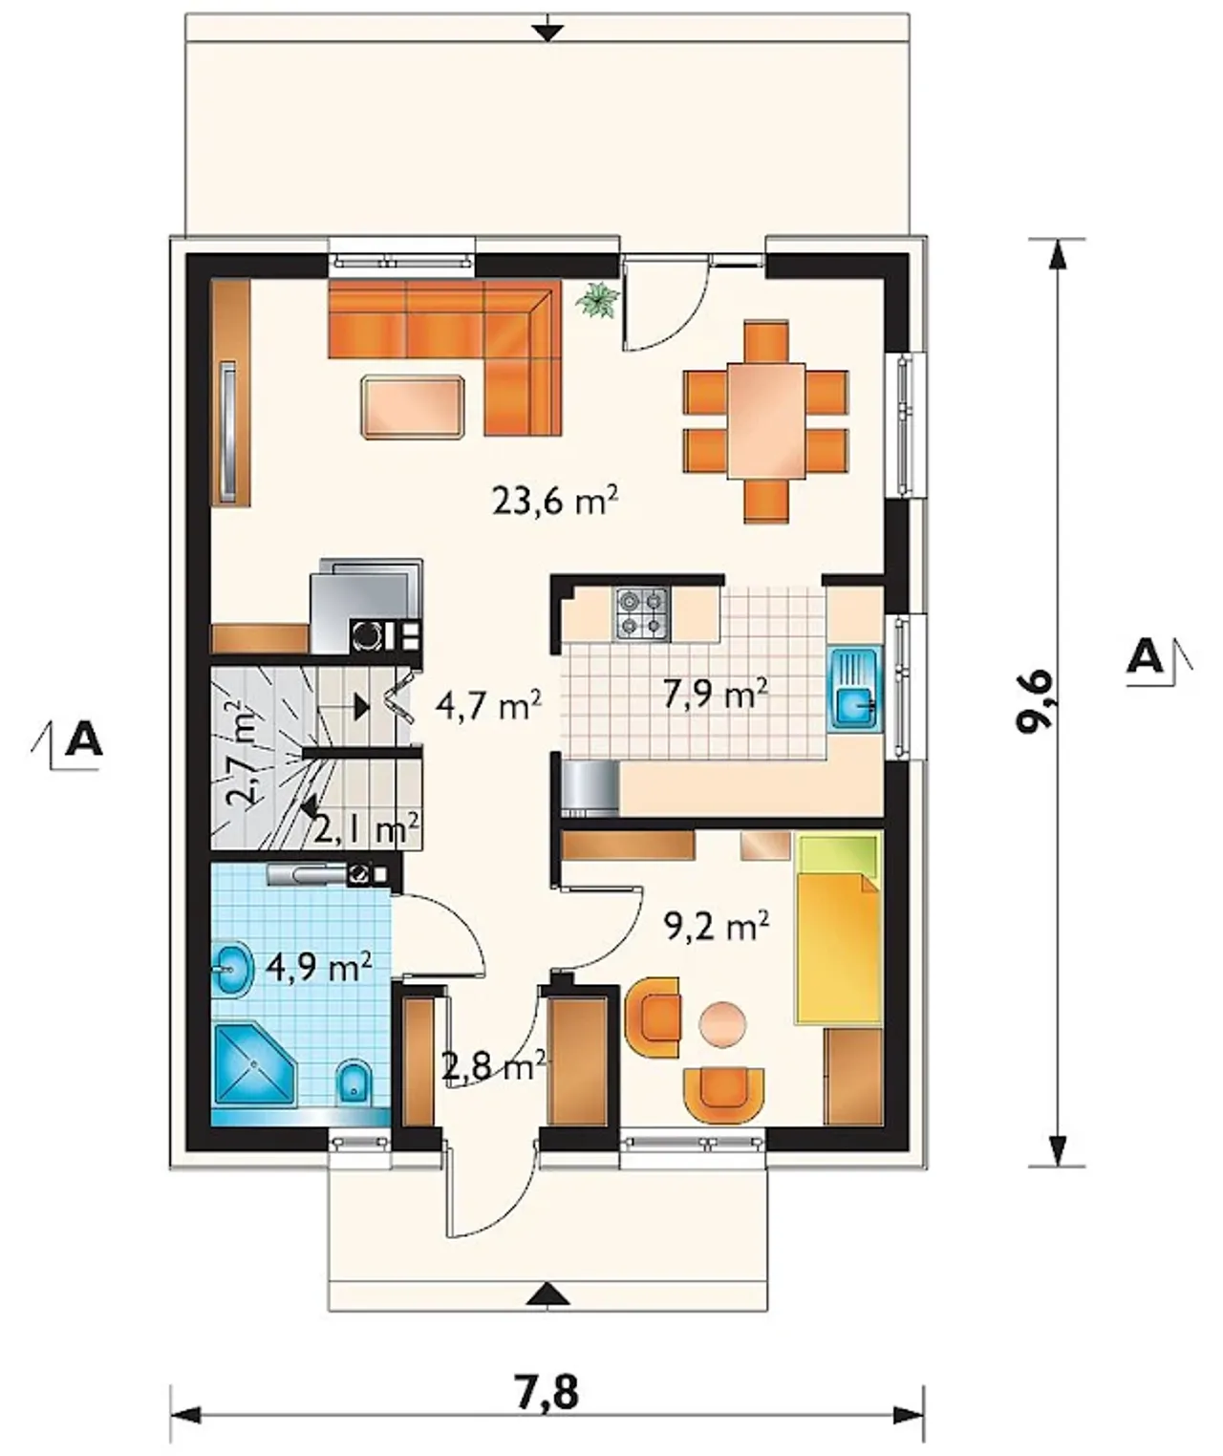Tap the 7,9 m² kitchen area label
pyautogui.click(x=716, y=696)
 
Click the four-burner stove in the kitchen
pyautogui.click(x=641, y=613)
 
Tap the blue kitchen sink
pyautogui.click(x=855, y=689)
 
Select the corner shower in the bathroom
pyautogui.click(x=256, y=1067)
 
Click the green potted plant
pyautogui.click(x=597, y=301)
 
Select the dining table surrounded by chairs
pyautogui.click(x=766, y=420)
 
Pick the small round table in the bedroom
pyautogui.click(x=722, y=1023)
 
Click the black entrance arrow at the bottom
pyautogui.click(x=548, y=1295)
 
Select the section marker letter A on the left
pyautogui.click(x=84, y=739)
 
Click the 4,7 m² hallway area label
pyautogui.click(x=487, y=707)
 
